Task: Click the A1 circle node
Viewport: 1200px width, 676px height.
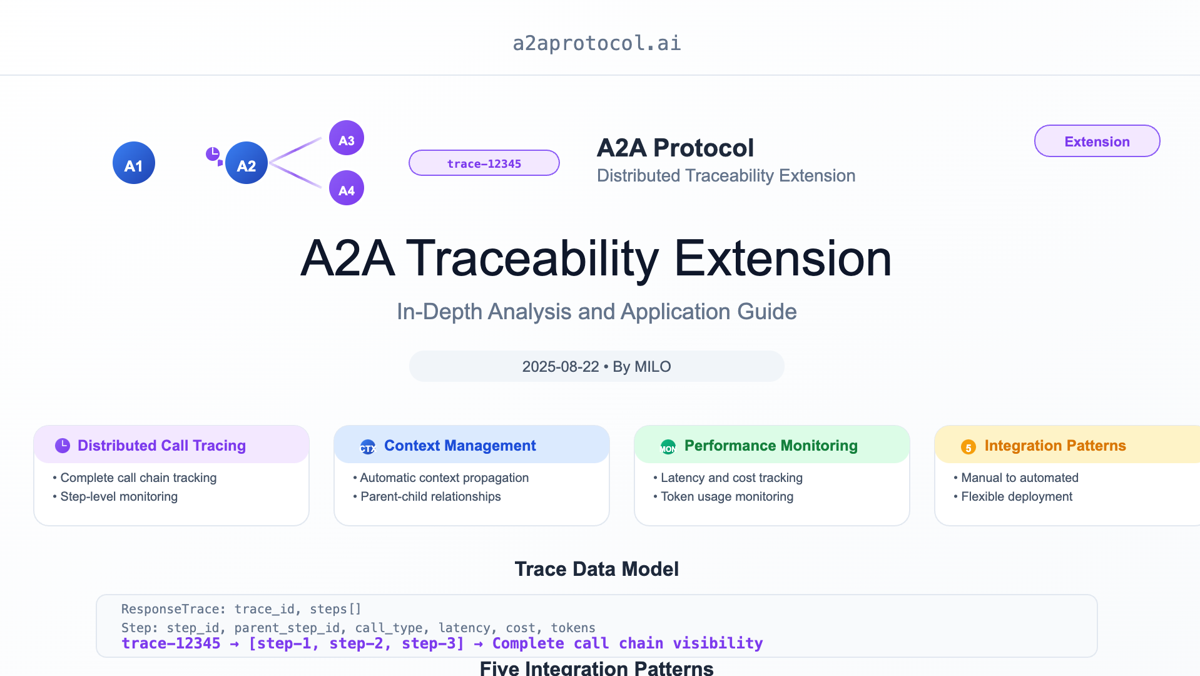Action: (134, 163)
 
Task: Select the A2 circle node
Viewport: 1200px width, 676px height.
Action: (247, 163)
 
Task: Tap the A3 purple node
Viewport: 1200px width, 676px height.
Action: (347, 138)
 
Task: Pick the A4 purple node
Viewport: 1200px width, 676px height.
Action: (347, 188)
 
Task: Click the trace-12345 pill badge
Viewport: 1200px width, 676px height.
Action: (484, 163)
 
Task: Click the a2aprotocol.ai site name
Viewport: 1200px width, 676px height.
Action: (597, 43)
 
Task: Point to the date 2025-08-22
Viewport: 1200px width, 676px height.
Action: (561, 367)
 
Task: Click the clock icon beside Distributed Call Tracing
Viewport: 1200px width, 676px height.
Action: (63, 446)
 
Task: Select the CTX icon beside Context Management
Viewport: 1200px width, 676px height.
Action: (368, 447)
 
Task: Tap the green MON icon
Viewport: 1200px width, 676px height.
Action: (668, 447)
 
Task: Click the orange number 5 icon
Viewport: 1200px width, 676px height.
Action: (969, 447)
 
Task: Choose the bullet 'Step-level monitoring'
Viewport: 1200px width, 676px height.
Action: (115, 496)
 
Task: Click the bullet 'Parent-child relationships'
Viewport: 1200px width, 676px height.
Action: (427, 496)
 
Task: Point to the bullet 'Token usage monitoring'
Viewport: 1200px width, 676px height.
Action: (723, 496)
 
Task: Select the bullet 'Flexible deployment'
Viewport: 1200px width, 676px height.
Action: (1013, 496)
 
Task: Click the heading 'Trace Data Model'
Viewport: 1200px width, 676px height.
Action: (597, 569)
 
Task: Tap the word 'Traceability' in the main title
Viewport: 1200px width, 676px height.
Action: (532, 258)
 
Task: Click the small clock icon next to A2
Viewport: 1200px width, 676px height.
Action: (213, 153)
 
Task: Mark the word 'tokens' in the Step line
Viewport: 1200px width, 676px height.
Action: (573, 628)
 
